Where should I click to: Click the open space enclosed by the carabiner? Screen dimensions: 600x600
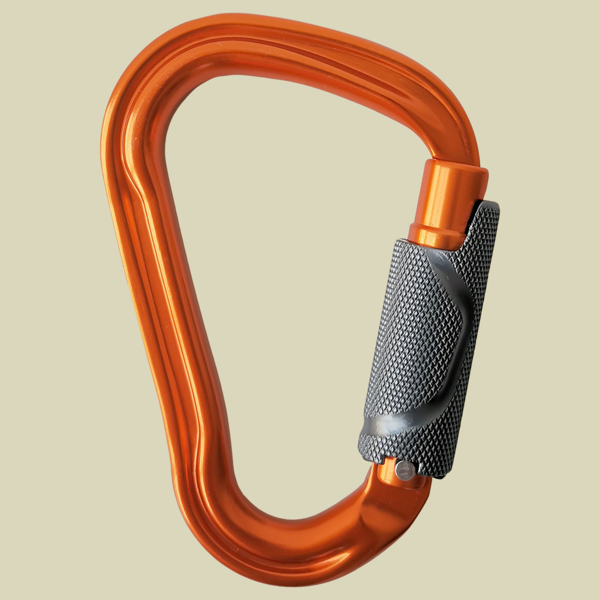click(x=280, y=280)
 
